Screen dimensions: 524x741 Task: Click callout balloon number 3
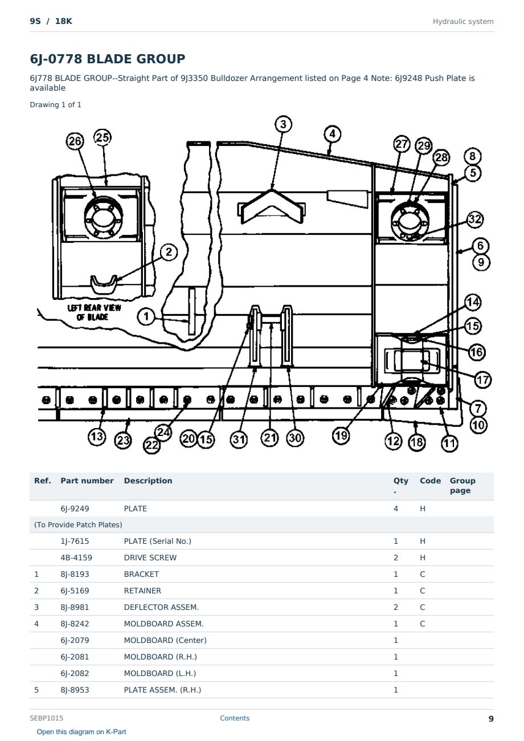tap(283, 124)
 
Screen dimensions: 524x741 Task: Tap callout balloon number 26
tap(75, 141)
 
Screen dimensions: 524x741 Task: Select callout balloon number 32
tap(475, 219)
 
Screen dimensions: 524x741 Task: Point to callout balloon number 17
tap(482, 380)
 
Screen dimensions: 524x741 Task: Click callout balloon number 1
tap(146, 316)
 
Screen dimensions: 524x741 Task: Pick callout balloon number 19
tap(341, 435)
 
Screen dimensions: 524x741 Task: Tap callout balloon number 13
tap(96, 436)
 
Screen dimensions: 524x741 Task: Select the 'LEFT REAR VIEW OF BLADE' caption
tap(94, 312)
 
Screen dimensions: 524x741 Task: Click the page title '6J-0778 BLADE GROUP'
tap(108, 59)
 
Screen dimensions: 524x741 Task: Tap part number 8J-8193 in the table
tap(75, 574)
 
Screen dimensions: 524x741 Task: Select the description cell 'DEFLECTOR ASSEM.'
tap(161, 607)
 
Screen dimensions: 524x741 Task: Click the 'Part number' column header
tap(87, 481)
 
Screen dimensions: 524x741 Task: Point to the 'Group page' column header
tap(462, 485)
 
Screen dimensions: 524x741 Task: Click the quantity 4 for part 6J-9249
tap(396, 508)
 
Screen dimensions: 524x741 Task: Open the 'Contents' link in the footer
tap(235, 718)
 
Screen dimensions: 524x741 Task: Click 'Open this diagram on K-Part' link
tap(81, 732)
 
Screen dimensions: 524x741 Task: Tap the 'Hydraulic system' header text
tap(463, 22)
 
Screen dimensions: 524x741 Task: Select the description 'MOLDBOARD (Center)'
tap(165, 640)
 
